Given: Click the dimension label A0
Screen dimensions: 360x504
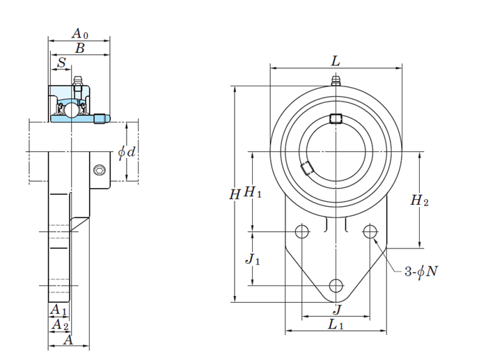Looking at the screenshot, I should point(80,33).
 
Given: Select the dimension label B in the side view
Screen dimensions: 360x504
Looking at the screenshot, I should point(79,49).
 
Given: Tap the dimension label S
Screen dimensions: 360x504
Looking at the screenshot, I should point(62,63).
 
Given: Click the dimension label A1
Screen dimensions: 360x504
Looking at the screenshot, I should point(58,309).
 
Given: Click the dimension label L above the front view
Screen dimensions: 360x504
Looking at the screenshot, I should point(336,61).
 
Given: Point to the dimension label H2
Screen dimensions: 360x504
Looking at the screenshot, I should point(419,201).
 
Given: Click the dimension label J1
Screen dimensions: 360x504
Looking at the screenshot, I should point(253,259).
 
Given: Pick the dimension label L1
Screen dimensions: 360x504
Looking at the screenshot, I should point(336,325).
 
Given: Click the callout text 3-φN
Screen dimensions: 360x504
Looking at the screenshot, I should point(421,272).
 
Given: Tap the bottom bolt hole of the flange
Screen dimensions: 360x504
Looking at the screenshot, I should point(336,285).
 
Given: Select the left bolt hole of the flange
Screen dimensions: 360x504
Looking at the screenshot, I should point(302,231).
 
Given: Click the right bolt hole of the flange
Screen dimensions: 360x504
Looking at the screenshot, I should point(370,231).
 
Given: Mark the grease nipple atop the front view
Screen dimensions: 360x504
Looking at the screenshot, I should point(336,80).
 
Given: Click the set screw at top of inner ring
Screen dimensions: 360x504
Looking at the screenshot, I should point(336,118).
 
